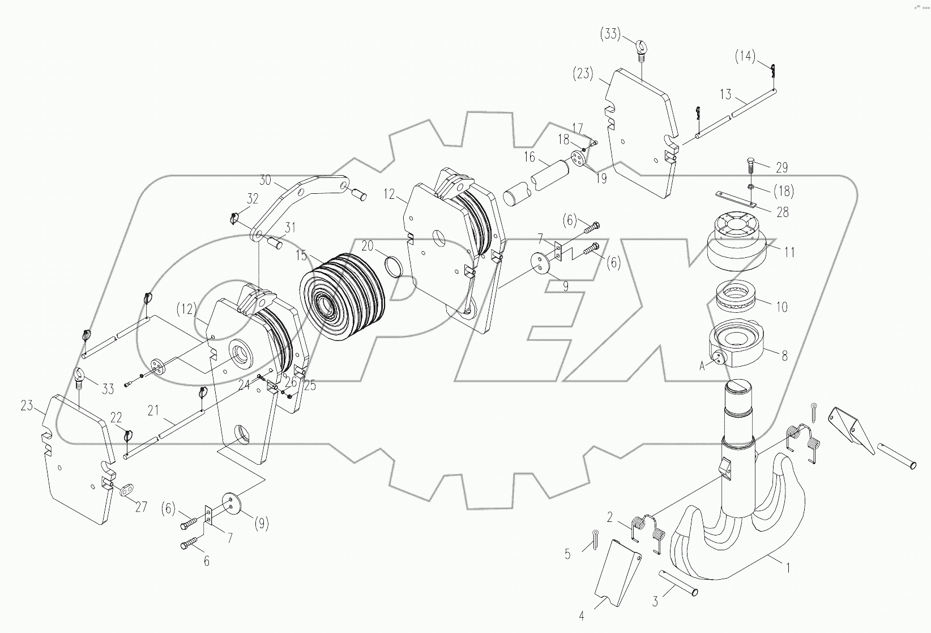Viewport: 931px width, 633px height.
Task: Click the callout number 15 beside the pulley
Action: click(301, 255)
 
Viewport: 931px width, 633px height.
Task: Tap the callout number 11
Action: click(789, 252)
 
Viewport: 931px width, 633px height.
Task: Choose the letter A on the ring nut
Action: click(702, 367)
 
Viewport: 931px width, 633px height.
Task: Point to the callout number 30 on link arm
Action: click(266, 180)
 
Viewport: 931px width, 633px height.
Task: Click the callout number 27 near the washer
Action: click(140, 506)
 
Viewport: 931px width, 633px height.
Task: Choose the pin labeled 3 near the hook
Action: click(680, 584)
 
